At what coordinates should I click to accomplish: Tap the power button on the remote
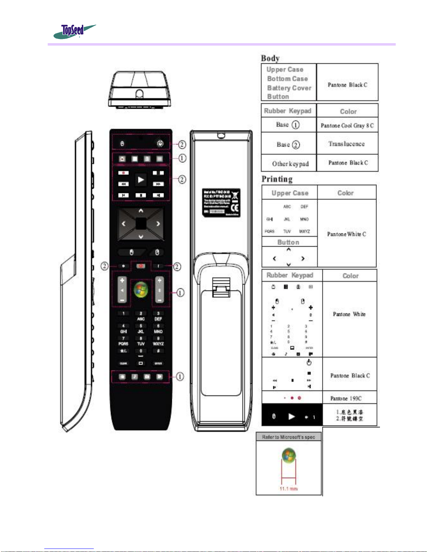pos(160,143)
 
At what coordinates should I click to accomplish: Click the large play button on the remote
pos(141,180)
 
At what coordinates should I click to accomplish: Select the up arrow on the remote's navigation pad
pos(141,211)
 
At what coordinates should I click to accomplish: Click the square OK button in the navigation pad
pos(141,224)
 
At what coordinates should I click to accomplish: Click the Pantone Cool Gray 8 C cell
pos(347,125)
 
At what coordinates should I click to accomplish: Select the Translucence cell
pos(346,144)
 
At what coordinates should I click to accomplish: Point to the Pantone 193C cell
pos(346,398)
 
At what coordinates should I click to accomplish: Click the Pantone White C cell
pos(346,234)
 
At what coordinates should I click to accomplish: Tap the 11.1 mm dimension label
pos(288,489)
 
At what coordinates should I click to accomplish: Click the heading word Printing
pos(277,179)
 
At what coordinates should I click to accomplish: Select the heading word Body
pos(270,58)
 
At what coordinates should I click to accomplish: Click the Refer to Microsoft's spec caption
pos(288,437)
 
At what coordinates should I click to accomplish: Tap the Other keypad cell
pos(290,164)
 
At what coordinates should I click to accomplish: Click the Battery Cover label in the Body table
pos(289,88)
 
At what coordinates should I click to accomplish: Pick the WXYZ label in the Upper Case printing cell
pos(304,231)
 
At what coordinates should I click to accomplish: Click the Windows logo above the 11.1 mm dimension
pos(289,456)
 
